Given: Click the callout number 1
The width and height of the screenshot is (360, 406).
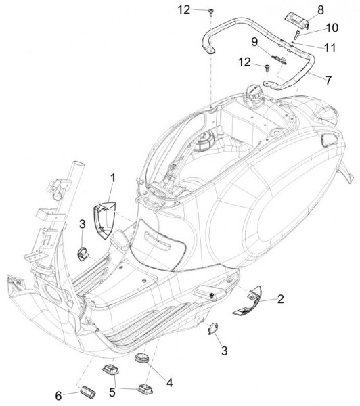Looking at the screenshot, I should point(113,177).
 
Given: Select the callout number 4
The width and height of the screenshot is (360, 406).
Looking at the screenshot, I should point(169,382).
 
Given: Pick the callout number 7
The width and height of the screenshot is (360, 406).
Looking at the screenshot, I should point(328,81).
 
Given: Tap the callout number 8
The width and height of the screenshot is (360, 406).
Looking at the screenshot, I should point(320,9).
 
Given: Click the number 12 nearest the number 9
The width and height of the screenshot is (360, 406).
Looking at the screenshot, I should point(244,62).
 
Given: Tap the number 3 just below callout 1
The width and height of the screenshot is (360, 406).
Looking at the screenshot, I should point(81,224).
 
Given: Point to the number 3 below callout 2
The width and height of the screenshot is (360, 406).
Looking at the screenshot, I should point(224,351).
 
